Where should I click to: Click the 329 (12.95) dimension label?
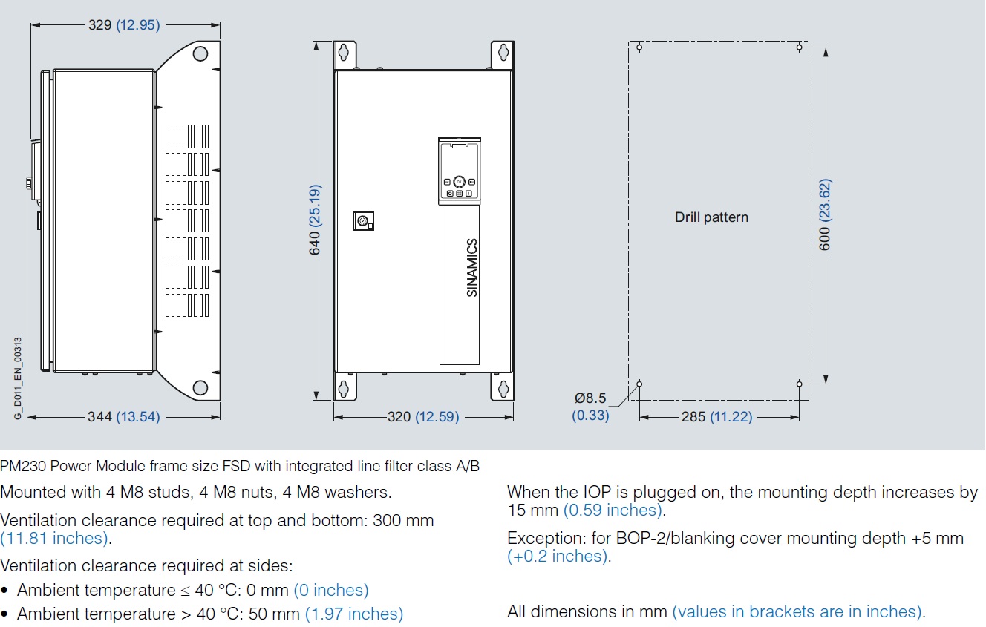(124, 24)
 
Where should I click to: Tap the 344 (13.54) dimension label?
(124, 416)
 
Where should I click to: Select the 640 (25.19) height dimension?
(315, 220)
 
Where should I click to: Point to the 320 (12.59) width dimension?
(423, 416)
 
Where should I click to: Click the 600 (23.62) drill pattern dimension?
(824, 214)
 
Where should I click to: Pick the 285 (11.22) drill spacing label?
(717, 416)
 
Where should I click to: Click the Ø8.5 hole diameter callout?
(590, 407)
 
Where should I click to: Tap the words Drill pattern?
(711, 217)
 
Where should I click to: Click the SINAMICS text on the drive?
(472, 268)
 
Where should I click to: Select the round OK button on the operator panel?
(459, 182)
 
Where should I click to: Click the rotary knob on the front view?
(363, 221)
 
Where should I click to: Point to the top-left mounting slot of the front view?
(343, 53)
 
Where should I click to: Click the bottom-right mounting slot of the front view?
(503, 389)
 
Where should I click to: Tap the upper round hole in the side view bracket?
(200, 53)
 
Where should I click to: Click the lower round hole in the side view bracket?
(200, 387)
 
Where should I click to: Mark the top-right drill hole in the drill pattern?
(800, 47)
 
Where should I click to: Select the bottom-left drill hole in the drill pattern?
(639, 384)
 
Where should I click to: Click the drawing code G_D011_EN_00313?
(18, 378)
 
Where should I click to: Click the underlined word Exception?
(544, 538)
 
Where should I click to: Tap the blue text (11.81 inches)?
(54, 538)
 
